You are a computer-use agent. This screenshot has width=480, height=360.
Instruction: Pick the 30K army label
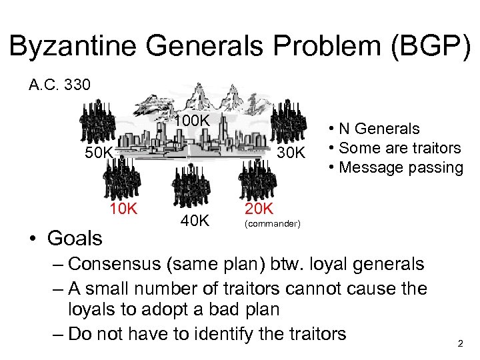290,153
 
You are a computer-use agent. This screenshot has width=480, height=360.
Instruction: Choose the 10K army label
123,209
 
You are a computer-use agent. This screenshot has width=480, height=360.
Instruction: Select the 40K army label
195,220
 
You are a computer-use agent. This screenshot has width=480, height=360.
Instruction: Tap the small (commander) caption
273,223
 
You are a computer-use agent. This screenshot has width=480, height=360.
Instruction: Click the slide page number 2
459,343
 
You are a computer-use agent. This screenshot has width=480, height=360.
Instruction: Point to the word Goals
75,237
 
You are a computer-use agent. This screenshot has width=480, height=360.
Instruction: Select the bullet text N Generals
379,129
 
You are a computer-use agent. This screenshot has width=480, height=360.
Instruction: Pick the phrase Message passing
401,167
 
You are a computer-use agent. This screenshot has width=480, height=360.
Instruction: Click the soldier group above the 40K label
192,187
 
